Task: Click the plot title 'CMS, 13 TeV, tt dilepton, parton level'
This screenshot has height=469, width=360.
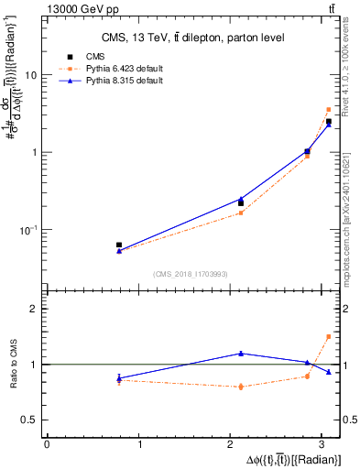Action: tap(191, 38)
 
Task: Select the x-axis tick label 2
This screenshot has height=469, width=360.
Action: tap(233, 444)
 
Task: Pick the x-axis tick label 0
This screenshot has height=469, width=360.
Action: tap(47, 444)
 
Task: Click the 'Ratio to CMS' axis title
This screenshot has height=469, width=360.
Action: tap(12, 364)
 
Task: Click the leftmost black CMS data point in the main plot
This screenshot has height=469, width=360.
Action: tap(119, 245)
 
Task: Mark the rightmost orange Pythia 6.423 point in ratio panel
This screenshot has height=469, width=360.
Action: tap(329, 336)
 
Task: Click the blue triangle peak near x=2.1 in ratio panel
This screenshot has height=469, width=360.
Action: tap(241, 353)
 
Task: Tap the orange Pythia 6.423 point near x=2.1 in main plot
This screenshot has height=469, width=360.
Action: tap(241, 213)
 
